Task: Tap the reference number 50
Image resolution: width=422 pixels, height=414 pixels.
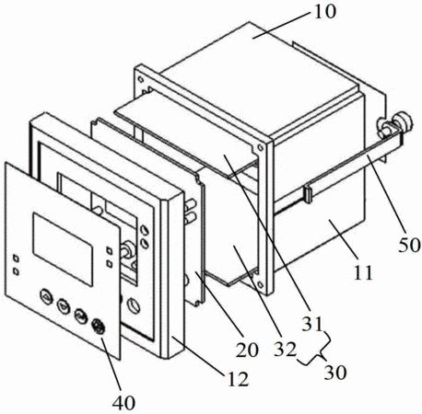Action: click(x=409, y=245)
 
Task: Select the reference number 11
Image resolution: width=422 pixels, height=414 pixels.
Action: click(x=364, y=271)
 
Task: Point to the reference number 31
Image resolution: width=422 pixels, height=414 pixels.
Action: click(x=312, y=324)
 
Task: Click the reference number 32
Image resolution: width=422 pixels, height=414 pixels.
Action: click(x=286, y=349)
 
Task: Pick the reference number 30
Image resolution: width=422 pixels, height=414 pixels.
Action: click(x=335, y=373)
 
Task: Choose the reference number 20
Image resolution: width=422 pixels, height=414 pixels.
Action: click(x=247, y=350)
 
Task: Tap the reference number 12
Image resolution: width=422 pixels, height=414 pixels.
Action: click(x=238, y=379)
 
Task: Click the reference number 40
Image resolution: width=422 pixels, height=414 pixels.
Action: click(x=123, y=402)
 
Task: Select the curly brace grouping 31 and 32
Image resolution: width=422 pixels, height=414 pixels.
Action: click(x=316, y=350)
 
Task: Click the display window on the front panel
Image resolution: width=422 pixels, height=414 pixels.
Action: click(x=63, y=249)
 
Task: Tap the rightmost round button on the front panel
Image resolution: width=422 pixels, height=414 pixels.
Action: click(x=99, y=327)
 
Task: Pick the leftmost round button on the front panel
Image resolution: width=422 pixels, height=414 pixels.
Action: click(x=46, y=296)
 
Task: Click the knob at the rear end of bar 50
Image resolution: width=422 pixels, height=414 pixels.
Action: click(x=404, y=121)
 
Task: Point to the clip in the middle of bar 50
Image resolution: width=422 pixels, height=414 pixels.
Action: click(x=308, y=193)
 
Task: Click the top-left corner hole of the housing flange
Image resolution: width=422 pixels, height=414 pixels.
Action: click(x=141, y=79)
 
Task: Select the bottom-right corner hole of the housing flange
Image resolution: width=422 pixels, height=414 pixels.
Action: click(x=260, y=284)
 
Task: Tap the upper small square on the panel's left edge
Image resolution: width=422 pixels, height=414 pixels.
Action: click(x=17, y=259)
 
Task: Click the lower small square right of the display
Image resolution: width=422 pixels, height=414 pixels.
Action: click(x=109, y=263)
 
